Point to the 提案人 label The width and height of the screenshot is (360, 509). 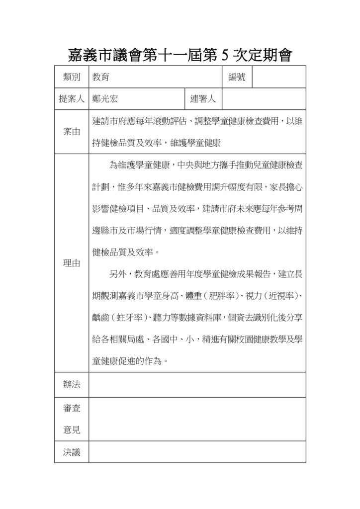coord(72,99)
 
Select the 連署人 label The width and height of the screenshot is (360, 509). coord(203,99)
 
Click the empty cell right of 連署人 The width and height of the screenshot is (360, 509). coord(264,99)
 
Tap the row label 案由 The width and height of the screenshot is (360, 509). coord(72,132)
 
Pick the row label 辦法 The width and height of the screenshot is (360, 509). coord(72,384)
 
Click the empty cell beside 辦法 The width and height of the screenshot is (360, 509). coord(197,384)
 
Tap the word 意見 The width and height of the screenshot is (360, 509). coord(72,430)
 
